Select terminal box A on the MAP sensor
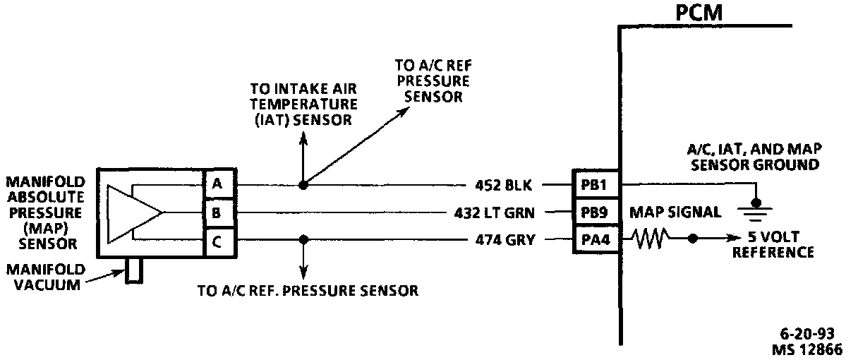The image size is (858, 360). pos(218,185)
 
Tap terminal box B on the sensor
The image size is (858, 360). pos(218,212)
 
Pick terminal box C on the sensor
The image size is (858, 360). pos(218,240)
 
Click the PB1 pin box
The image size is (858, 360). pos(595,185)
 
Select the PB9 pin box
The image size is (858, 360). pos(595,212)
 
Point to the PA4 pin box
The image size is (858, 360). pos(595,240)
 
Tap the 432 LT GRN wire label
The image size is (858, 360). pos(494,212)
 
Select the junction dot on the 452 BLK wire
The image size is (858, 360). pos(303,185)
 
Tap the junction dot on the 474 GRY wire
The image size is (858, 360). pos(303,240)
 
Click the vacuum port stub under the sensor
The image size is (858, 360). pos(133,270)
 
